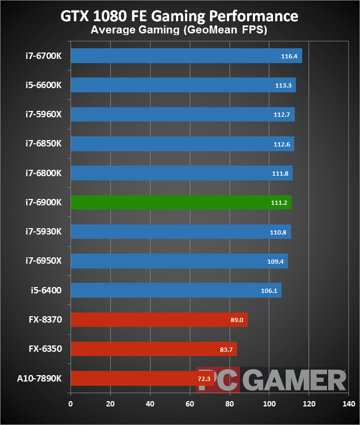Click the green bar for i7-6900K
tap(181, 203)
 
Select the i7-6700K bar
tap(186, 56)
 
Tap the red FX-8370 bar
tap(159, 320)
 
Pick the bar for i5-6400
tap(175, 290)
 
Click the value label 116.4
tap(291, 56)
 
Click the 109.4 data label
tap(277, 261)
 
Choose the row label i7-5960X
tap(43, 115)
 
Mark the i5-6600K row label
tap(43, 85)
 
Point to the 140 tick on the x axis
tap(348, 404)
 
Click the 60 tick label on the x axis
tap(190, 404)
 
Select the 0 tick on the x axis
tap(71, 404)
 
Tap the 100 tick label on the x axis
tap(269, 404)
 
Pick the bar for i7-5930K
tap(180, 232)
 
